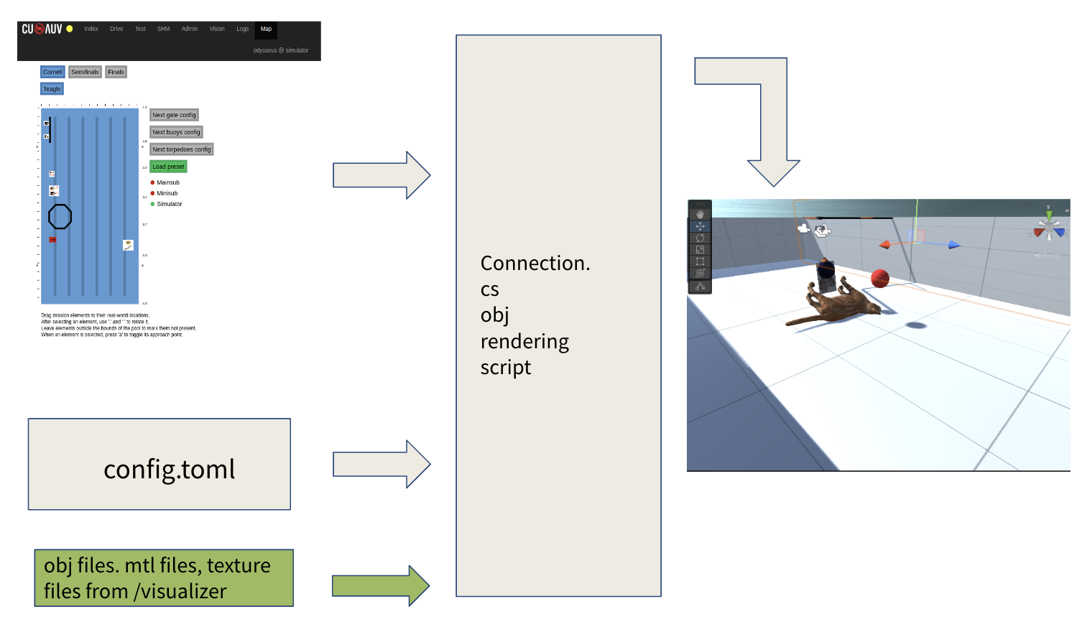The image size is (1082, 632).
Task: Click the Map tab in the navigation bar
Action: click(266, 29)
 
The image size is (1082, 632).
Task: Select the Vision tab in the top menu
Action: click(217, 29)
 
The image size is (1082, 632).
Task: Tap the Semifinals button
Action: click(85, 72)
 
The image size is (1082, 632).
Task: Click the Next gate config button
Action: click(174, 115)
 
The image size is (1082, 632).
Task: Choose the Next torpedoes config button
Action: click(181, 149)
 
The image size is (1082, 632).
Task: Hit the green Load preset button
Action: click(168, 167)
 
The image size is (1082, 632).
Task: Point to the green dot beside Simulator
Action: click(152, 204)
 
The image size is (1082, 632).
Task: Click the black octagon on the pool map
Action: click(60, 216)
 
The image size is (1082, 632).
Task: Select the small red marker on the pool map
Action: click(52, 239)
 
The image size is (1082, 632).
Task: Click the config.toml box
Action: click(159, 464)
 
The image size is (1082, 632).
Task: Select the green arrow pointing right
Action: click(381, 585)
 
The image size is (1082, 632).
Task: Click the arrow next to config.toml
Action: click(382, 464)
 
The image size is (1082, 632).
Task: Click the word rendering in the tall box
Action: click(524, 342)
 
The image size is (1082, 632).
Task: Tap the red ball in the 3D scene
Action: click(879, 278)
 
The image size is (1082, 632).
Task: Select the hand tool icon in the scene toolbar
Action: click(700, 215)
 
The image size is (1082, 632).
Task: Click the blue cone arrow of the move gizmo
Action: click(953, 246)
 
